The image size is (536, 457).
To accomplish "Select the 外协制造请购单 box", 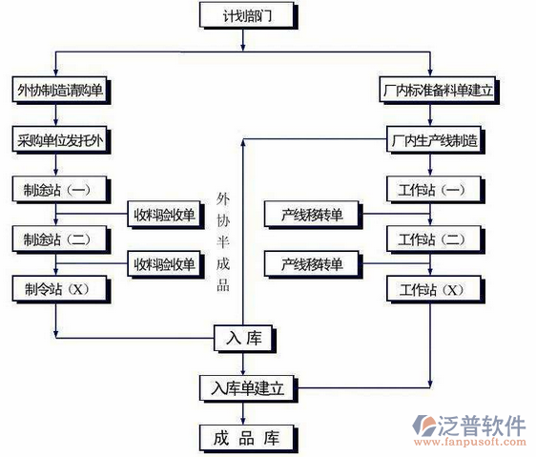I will point(59,91).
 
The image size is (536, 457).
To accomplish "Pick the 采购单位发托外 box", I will point(59,140).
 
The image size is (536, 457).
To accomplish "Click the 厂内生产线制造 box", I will point(435,140).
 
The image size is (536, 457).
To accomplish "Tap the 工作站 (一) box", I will point(431,189).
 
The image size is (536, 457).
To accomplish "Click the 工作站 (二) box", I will point(431,238).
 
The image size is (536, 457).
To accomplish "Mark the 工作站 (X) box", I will point(431,288).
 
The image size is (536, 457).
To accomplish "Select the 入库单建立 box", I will point(245,387).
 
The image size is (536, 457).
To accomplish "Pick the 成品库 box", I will point(245,438).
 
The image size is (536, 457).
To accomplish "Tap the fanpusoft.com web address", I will point(482,443).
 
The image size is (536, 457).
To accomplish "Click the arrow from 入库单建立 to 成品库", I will point(245,413).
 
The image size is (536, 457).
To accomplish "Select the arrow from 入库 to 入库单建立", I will point(245,364).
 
